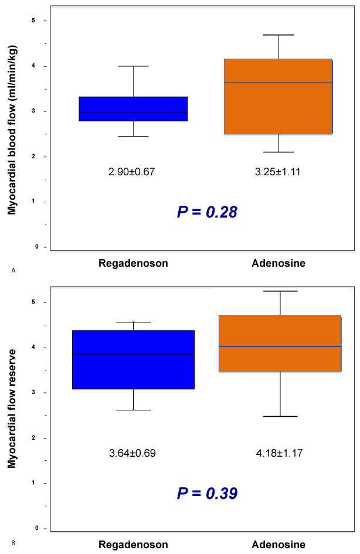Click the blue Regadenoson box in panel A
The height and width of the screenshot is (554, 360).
[x=133, y=109]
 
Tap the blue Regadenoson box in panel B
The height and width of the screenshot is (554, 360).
[x=133, y=359]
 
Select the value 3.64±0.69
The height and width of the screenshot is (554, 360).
[x=133, y=453]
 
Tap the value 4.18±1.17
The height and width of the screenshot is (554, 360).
[x=279, y=453]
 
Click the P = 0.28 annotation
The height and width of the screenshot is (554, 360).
[x=207, y=212]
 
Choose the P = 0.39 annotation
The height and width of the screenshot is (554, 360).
[x=207, y=493]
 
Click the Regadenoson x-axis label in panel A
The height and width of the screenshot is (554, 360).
[x=133, y=263]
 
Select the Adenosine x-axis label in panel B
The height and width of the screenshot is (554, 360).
[x=279, y=545]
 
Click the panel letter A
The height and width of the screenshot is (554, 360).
[x=12, y=270]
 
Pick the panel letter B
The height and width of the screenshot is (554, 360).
[x=12, y=543]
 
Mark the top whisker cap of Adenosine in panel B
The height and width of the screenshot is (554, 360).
[x=280, y=291]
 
